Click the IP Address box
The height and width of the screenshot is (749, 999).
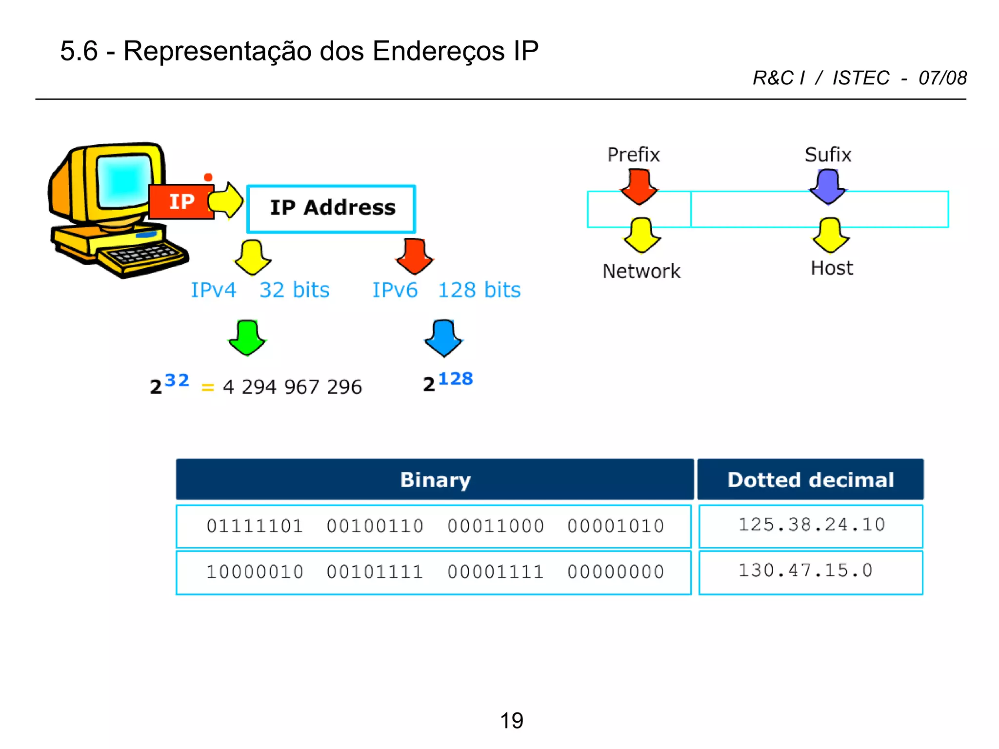(331, 208)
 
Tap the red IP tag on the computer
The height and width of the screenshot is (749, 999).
(181, 202)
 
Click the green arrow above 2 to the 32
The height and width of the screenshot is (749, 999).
(247, 337)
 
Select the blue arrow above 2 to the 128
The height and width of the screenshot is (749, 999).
(443, 337)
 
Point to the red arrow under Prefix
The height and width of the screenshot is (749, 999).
(639, 186)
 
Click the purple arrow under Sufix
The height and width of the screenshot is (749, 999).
(828, 186)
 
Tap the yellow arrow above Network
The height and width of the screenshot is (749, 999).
(641, 236)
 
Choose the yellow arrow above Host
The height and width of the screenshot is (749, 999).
(830, 236)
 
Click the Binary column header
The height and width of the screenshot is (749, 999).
(435, 479)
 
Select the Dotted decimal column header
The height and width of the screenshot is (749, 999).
(810, 479)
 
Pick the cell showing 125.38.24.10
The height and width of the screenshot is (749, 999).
(811, 525)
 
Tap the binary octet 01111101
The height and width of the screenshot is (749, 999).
(255, 526)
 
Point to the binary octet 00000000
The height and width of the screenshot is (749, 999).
(616, 572)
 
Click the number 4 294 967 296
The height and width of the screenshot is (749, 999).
(292, 387)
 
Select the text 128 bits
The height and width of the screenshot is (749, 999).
(479, 290)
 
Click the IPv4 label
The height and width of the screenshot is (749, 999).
(213, 290)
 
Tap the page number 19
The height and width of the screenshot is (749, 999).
(511, 720)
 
